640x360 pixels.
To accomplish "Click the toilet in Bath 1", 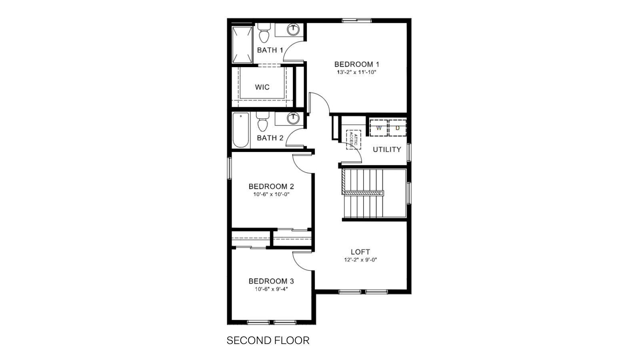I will [x=264, y=34].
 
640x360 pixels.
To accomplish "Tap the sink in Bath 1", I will [x=294, y=29].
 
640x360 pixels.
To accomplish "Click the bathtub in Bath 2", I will [x=241, y=130].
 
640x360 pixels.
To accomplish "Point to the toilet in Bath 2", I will [x=263, y=122].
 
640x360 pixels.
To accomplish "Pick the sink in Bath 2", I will [x=294, y=118].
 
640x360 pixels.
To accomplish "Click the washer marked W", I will [x=378, y=128].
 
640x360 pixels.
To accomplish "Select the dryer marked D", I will [x=397, y=128].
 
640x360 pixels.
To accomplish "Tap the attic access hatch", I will [x=354, y=140].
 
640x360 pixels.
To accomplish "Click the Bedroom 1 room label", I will [x=357, y=64].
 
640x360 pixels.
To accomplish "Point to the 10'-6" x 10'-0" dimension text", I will [x=271, y=194].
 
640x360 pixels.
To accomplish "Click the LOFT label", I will [x=360, y=252].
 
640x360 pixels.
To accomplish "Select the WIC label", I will [x=262, y=87].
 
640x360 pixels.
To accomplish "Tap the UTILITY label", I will [x=387, y=150].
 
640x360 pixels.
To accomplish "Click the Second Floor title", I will [x=268, y=340].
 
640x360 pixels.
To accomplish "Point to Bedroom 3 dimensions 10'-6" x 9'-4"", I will [x=271, y=289].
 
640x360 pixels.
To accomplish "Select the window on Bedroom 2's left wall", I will [x=230, y=168].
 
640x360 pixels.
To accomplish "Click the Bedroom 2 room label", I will [x=271, y=186].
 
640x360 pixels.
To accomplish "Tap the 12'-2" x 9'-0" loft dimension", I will [x=360, y=260].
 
